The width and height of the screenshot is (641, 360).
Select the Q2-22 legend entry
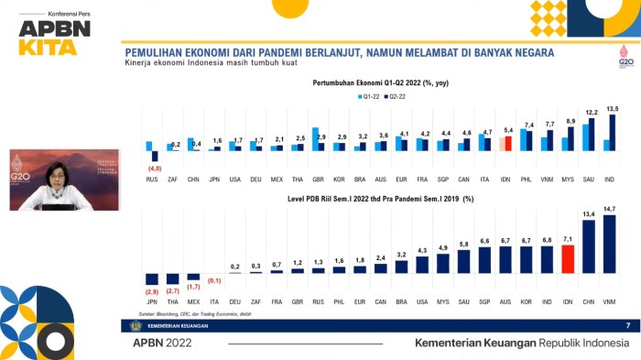point(396,95)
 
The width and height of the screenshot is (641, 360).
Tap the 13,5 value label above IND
point(613,109)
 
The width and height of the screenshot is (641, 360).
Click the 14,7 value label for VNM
point(608,209)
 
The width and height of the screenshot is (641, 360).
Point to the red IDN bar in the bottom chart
point(567,259)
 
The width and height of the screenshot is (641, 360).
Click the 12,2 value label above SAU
point(591,113)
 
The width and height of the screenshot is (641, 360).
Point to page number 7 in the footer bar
point(627,325)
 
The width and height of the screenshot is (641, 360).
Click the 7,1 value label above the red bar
point(567,238)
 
